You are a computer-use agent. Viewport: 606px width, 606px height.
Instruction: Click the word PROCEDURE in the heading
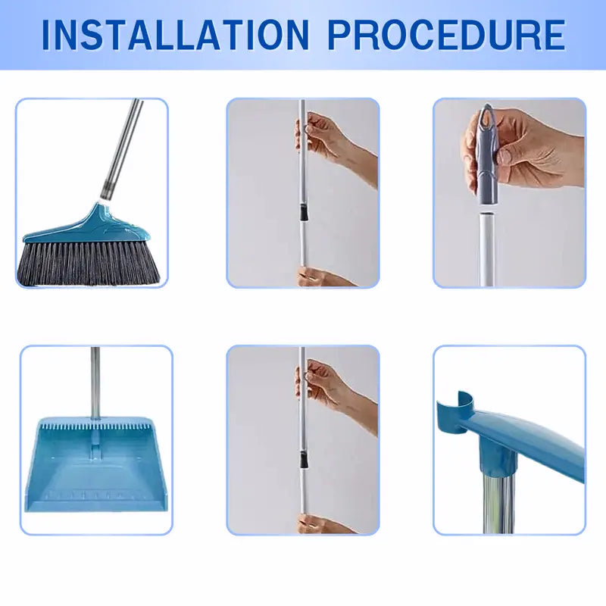448,34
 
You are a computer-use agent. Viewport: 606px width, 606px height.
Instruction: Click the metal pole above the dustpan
95,379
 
